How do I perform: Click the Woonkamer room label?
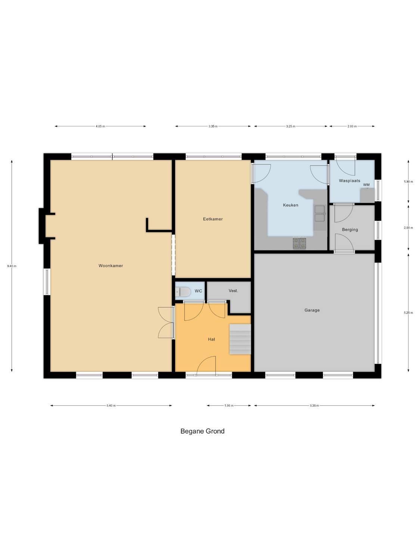[x=111, y=265]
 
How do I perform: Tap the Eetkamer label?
[x=213, y=219]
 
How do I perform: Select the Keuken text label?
[x=290, y=205]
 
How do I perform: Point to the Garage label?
[x=312, y=310]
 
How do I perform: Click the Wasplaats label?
[x=349, y=181]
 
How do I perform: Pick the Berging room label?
[x=350, y=230]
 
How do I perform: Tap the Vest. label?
[x=233, y=290]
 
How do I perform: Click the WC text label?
[x=198, y=291]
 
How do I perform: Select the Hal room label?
[x=211, y=339]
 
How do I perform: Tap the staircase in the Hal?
[x=240, y=339]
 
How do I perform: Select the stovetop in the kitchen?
[x=299, y=243]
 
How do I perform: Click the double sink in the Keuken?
[x=320, y=213]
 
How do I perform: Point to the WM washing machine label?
[x=366, y=185]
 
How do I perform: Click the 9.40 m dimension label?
[x=12, y=266]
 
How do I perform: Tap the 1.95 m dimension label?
[x=229, y=405]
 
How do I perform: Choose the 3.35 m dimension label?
[x=213, y=126]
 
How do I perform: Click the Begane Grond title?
[x=202, y=431]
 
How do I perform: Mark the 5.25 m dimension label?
[x=408, y=313]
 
